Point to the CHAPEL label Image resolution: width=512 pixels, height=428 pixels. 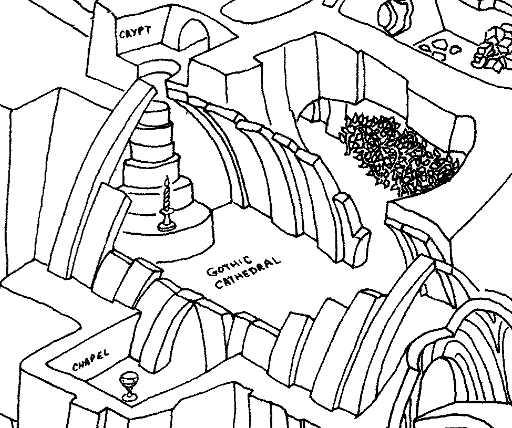tap(90, 361)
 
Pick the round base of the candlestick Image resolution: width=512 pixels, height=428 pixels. tap(167, 226)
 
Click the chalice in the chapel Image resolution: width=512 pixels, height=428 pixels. tap(129, 385)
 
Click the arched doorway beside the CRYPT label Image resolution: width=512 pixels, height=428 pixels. tap(191, 36)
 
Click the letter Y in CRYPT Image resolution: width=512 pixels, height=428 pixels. tap(135, 32)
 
